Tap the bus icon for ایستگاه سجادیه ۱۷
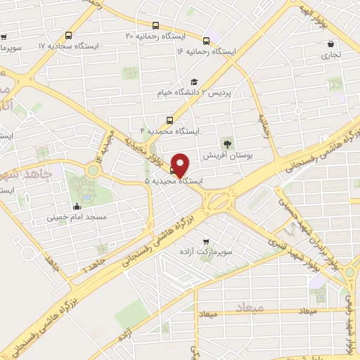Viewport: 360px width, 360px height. (x=68, y=36)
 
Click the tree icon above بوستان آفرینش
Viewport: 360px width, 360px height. (x=226, y=143)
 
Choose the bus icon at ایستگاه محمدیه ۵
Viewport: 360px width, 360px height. (x=174, y=169)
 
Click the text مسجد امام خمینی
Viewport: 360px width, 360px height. (x=76, y=217)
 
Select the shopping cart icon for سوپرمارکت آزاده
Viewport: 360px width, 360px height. (x=205, y=240)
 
